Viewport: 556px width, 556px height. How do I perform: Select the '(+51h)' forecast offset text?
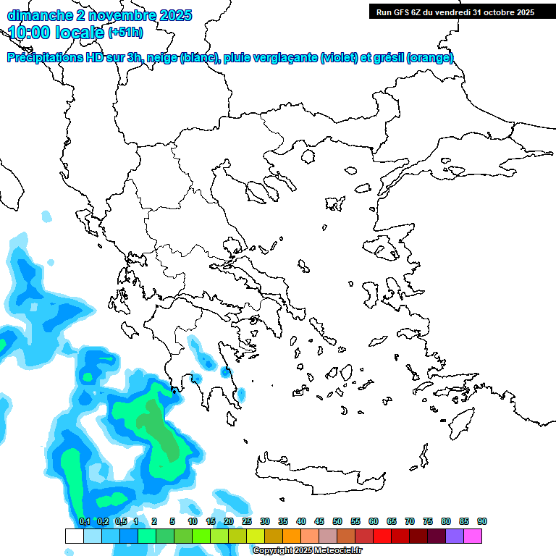[x=125, y=33]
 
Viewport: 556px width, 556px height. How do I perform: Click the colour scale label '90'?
[x=482, y=521]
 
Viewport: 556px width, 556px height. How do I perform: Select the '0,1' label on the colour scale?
[x=84, y=521]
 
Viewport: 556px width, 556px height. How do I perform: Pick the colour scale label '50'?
[x=337, y=521]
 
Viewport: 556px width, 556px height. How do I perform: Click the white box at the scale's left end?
[x=74, y=536]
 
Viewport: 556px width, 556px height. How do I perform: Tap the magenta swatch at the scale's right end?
[x=473, y=536]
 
